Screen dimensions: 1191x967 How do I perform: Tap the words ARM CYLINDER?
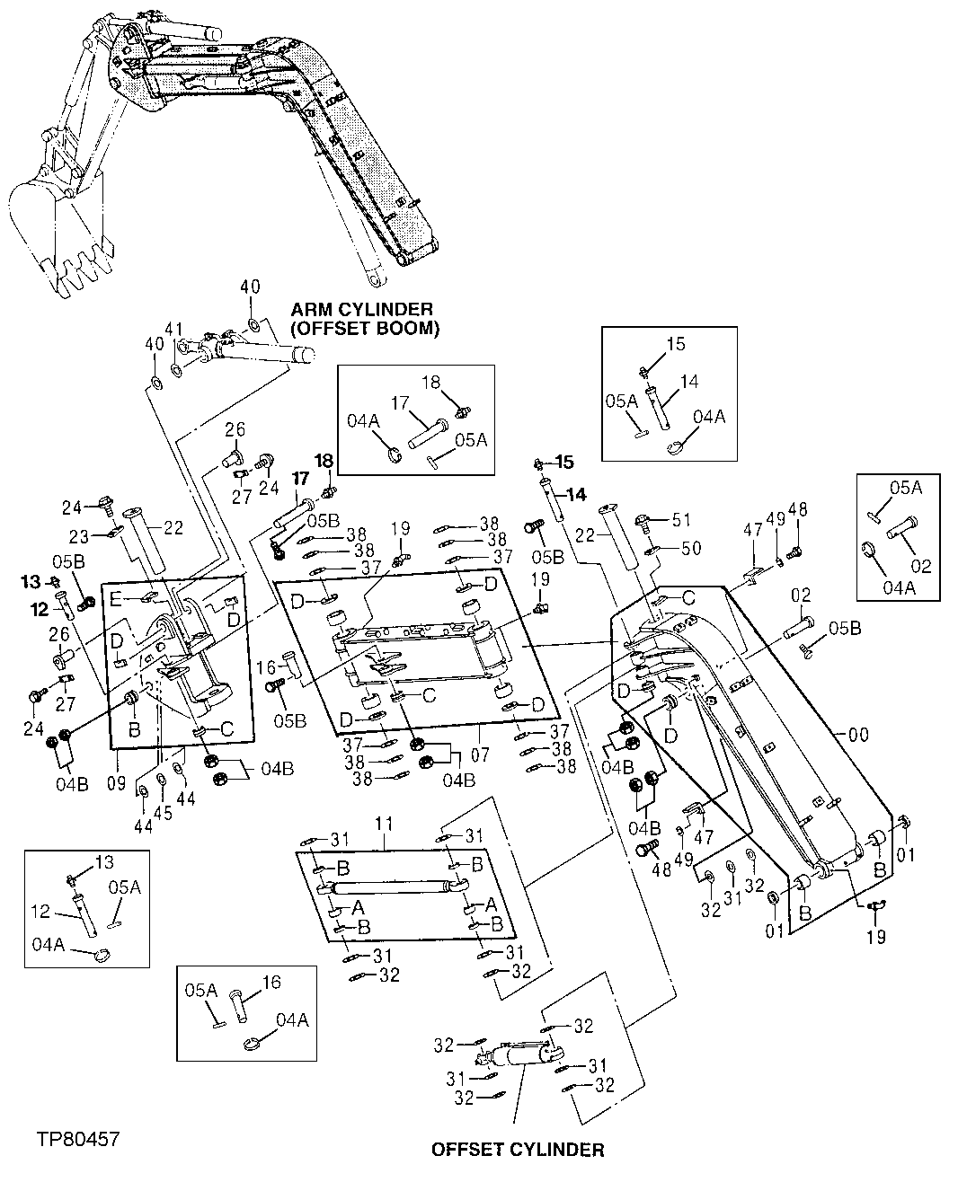[361, 311]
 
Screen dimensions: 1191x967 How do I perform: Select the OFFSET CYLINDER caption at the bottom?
[518, 1150]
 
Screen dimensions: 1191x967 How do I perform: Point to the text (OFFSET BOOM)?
[365, 329]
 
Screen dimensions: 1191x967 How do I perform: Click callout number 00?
[859, 735]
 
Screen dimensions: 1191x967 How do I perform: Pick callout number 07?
[481, 756]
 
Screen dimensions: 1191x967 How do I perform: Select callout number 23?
[81, 537]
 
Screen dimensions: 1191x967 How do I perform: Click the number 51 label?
[683, 518]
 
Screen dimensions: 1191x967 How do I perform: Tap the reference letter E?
[115, 599]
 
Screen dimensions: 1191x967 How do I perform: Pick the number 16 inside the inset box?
[272, 983]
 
